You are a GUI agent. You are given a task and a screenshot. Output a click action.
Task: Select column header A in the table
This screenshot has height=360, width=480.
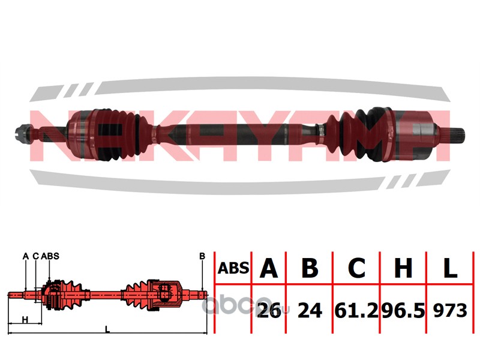click(268, 268)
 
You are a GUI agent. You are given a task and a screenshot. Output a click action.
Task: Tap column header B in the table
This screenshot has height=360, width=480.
click(310, 268)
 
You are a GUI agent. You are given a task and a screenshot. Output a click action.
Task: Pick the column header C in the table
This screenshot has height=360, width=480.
click(357, 268)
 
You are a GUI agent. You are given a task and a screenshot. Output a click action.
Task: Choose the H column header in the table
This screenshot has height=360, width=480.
click(403, 268)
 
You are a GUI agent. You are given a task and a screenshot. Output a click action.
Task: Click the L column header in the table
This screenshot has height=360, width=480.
click(450, 268)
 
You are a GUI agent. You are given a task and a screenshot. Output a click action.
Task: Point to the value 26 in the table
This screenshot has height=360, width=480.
click(268, 310)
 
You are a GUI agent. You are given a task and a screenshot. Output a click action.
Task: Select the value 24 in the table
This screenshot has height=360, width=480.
click(310, 310)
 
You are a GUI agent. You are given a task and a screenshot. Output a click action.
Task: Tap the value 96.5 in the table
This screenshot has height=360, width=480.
click(403, 310)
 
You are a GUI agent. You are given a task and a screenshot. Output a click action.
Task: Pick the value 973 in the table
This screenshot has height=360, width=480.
click(450, 310)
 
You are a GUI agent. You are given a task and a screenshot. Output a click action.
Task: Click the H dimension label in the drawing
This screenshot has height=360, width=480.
click(25, 319)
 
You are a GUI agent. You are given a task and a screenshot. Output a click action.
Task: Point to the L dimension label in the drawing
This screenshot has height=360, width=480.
click(107, 329)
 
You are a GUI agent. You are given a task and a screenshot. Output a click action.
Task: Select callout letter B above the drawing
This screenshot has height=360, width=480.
click(202, 256)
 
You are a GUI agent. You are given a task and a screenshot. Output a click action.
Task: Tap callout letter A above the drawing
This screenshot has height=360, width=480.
click(25, 256)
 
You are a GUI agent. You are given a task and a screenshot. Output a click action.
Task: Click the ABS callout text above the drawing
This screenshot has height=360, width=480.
click(50, 256)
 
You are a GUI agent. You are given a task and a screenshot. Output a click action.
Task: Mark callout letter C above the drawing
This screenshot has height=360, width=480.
click(36, 256)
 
